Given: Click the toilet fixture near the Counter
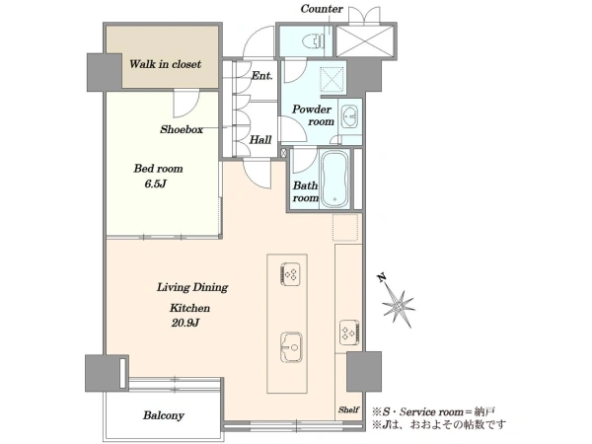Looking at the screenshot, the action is pos(314,41).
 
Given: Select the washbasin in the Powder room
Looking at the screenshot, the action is pos(350,116).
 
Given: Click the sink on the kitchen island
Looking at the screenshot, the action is pos(291,347).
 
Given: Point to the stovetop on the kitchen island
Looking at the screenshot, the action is pos(290,274).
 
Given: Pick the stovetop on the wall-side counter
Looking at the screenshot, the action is pos(349,333).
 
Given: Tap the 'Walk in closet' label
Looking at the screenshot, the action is pos(165,64).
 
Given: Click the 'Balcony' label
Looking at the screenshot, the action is pos(164,415).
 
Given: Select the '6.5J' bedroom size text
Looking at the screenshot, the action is pos(156,184).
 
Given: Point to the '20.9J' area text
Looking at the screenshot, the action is pos(185,323).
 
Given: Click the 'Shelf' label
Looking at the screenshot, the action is pos(348,409).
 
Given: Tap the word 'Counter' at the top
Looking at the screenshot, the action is pos(322,9).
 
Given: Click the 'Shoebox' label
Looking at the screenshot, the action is pos(182,129).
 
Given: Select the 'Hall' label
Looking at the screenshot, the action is pos(260,140).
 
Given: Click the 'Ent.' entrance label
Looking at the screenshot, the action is pos(262,76).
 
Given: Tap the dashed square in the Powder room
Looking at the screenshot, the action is pos(333,80).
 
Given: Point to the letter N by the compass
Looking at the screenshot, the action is pos(382,278).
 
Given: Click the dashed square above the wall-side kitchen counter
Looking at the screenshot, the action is pos(345,227).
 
